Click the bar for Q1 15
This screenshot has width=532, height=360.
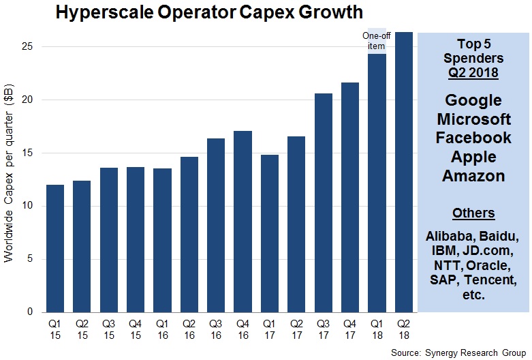55,248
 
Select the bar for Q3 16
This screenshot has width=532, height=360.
216,225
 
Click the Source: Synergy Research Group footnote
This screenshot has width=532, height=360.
460,352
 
